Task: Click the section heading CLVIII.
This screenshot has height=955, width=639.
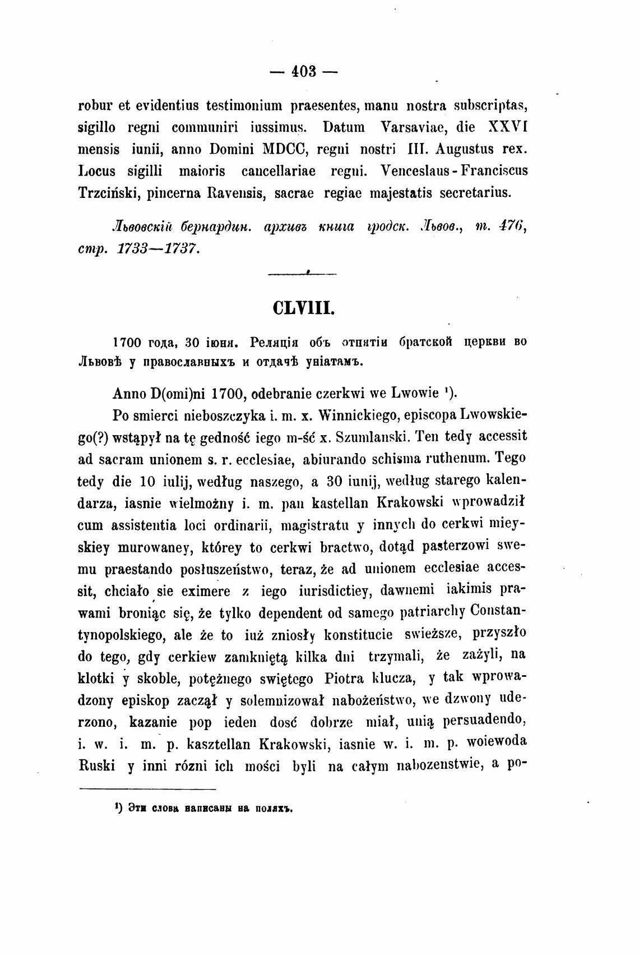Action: click(303, 310)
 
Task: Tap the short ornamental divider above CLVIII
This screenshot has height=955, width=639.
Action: click(303, 274)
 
